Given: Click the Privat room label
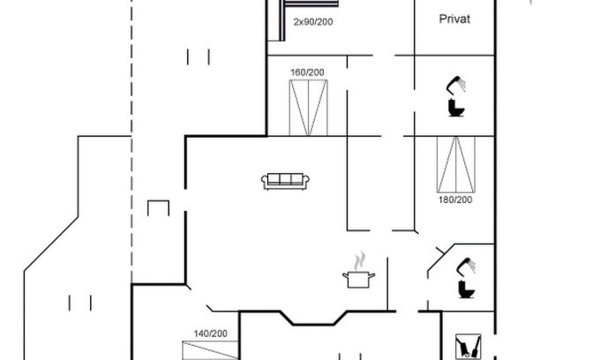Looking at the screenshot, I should (454, 19).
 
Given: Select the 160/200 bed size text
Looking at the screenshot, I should (308, 71).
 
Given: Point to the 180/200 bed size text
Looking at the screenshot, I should (455, 200).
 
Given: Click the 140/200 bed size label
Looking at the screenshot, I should (211, 334).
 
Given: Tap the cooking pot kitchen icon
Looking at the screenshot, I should (358, 279).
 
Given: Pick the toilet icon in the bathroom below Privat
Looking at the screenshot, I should (456, 109).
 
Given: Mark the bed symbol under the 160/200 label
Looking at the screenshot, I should (308, 107).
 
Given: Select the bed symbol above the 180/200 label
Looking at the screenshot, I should (455, 164).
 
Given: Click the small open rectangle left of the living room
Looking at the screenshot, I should (158, 209).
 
